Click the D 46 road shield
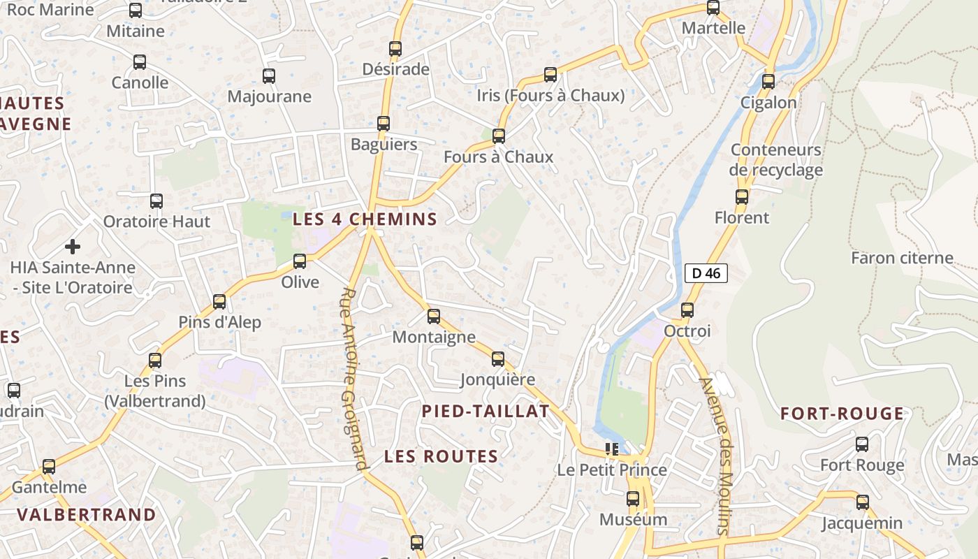pos(706,273)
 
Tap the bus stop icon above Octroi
pos(687,310)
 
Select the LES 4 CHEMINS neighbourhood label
pos(365,219)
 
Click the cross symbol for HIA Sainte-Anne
pos(73,246)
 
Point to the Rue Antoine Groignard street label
pos(355,379)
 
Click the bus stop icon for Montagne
pos(434,317)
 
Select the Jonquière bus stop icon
pos(498,359)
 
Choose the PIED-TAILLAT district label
pos(486,412)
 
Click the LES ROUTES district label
pos(441,457)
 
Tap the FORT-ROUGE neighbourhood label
pos(842,414)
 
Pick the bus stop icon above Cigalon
pos(768,81)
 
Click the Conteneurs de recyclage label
pos(776,160)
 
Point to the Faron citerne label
pos(902,258)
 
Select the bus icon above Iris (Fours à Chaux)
pos(550,74)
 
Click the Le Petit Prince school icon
pos(612,449)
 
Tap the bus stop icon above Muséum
pos(633,499)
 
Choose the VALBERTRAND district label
pos(87,515)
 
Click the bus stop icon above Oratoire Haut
pos(156,201)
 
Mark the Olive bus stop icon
pos(300,261)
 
